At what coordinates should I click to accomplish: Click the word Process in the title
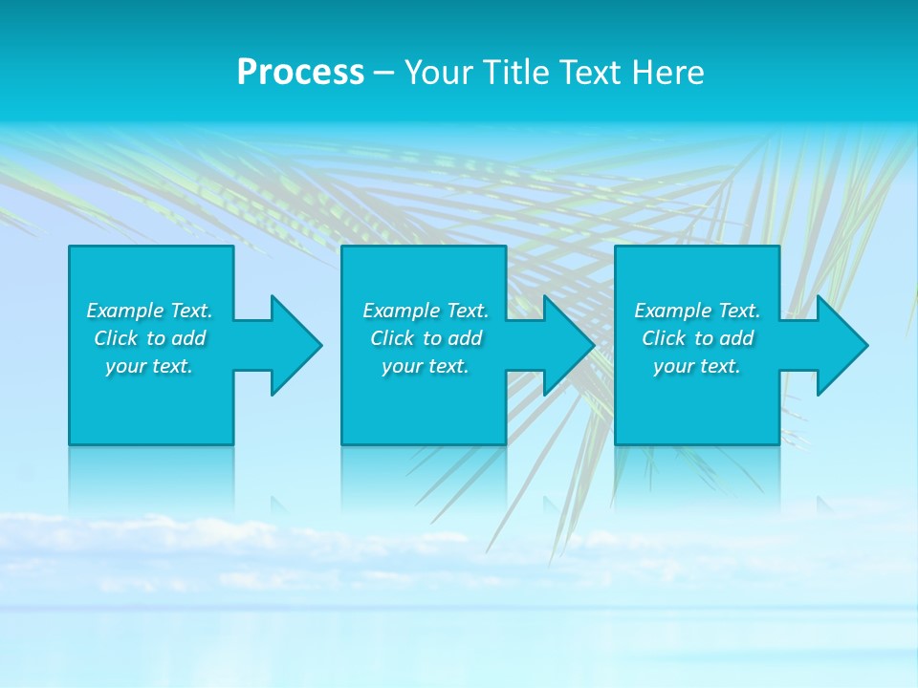(300, 73)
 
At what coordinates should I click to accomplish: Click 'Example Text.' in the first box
(149, 311)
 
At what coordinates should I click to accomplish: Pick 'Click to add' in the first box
(149, 338)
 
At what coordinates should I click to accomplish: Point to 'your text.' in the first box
(149, 366)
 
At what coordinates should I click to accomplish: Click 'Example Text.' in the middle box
(426, 311)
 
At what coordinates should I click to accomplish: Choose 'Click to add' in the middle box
(426, 338)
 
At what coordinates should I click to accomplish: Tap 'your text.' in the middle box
(426, 366)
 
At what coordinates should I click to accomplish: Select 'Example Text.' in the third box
(697, 311)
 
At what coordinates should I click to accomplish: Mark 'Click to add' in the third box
(697, 338)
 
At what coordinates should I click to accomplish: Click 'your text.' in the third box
(697, 366)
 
